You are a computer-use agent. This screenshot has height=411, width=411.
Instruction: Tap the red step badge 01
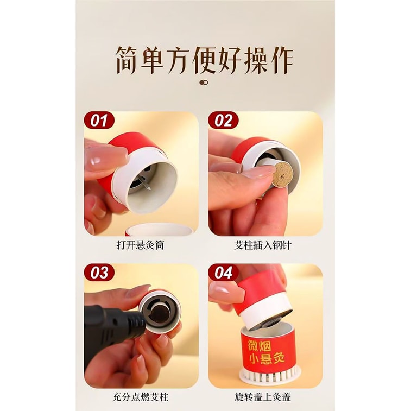tap(99, 120)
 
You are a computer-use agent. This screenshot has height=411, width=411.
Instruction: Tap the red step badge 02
tap(223, 120)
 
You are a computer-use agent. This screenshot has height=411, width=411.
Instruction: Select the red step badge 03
tap(99, 272)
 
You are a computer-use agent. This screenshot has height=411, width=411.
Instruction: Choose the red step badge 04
tap(223, 272)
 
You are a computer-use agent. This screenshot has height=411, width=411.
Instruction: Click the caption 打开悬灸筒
tap(141, 245)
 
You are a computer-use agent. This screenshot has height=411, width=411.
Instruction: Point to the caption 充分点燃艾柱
tap(141, 397)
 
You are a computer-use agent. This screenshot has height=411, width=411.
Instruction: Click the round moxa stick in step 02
tap(282, 174)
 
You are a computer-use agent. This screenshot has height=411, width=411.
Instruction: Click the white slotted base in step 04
tap(270, 375)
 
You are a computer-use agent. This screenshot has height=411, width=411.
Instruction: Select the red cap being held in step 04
tap(260, 296)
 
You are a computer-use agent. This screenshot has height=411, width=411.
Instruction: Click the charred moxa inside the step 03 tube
tap(160, 312)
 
